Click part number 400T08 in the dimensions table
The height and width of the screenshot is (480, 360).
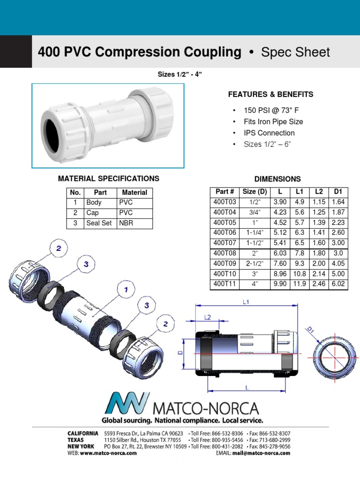click(x=225, y=253)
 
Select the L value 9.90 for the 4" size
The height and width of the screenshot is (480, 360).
click(x=280, y=284)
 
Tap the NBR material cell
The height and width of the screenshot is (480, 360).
click(x=126, y=223)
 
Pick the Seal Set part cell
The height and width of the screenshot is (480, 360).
click(x=99, y=223)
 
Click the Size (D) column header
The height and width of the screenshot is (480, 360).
click(x=255, y=191)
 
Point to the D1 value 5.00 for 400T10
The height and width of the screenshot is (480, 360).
click(x=337, y=274)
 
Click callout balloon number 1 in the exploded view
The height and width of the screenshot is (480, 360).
click(x=126, y=290)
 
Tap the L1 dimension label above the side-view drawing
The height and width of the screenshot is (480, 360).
click(x=247, y=302)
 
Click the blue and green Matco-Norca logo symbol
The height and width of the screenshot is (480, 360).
click(x=126, y=404)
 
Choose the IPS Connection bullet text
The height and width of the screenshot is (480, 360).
click(x=269, y=133)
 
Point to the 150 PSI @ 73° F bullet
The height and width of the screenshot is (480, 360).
click(x=271, y=110)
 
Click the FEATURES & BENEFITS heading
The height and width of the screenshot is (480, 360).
click(x=270, y=94)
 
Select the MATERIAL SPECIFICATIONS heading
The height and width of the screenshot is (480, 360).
click(x=108, y=179)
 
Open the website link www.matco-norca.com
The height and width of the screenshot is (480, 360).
click(x=105, y=453)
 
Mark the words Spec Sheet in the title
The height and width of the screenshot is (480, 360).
click(x=295, y=52)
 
